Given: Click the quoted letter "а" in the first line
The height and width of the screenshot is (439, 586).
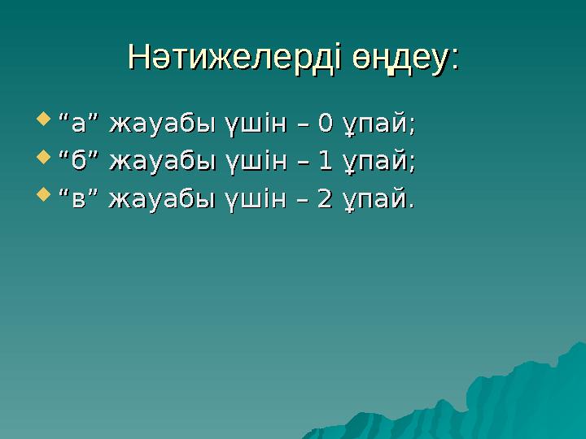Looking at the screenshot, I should point(79,124).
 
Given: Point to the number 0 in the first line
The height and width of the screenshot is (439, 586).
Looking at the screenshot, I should point(326,124).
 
